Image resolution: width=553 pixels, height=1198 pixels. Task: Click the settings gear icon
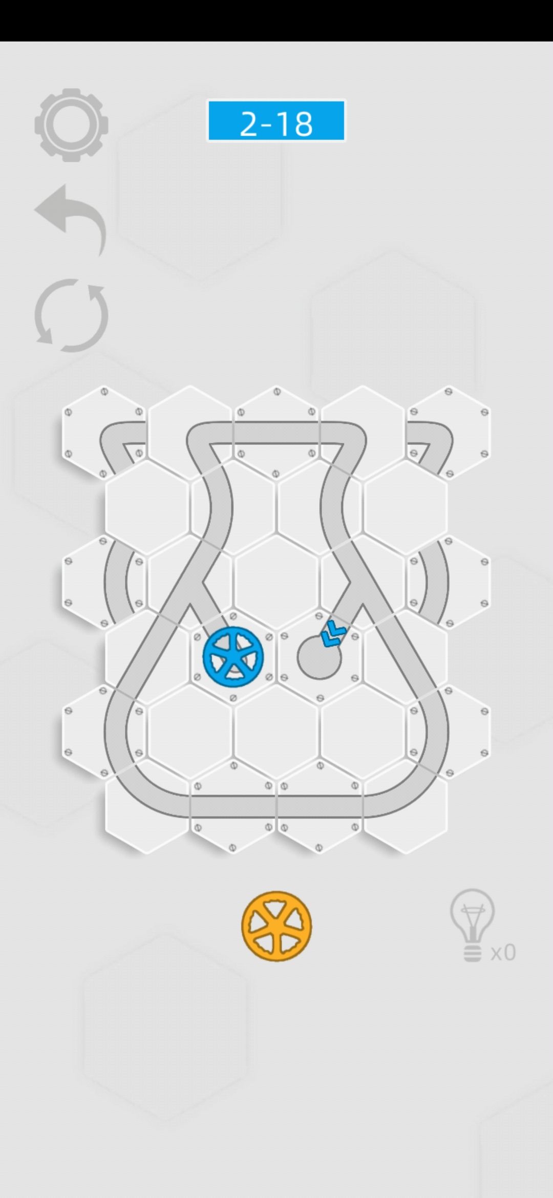(x=71, y=125)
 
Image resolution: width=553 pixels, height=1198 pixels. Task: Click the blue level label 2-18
(x=276, y=121)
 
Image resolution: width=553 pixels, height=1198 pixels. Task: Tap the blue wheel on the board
(x=233, y=657)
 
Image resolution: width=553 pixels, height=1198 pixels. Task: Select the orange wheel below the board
(x=276, y=926)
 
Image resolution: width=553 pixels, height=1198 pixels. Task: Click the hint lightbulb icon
(x=472, y=925)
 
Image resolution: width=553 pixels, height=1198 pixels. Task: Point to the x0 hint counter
(x=503, y=953)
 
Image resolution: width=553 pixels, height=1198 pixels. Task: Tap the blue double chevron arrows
(x=333, y=633)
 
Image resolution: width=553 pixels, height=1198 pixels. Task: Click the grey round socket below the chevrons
(x=319, y=657)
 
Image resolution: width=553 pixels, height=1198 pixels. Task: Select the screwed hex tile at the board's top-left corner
(x=104, y=433)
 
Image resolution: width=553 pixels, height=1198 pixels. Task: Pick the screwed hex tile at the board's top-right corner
(x=449, y=433)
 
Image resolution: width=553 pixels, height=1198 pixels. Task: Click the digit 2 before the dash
(x=248, y=123)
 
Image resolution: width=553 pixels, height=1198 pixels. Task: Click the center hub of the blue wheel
(x=233, y=657)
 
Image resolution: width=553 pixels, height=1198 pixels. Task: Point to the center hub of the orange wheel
(x=276, y=926)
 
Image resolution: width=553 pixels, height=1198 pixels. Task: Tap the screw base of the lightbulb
(x=472, y=954)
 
